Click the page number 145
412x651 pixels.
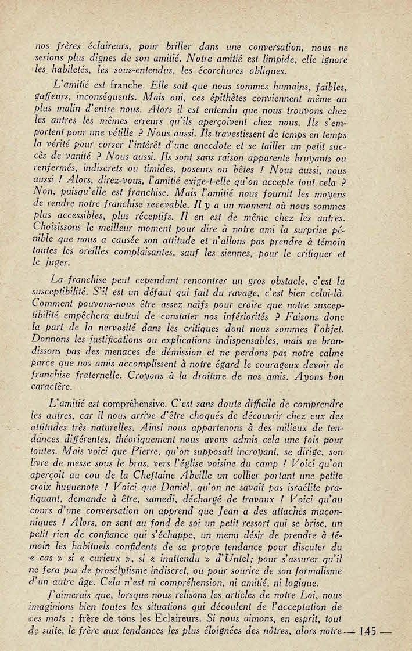pyautogui.click(x=370, y=631)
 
